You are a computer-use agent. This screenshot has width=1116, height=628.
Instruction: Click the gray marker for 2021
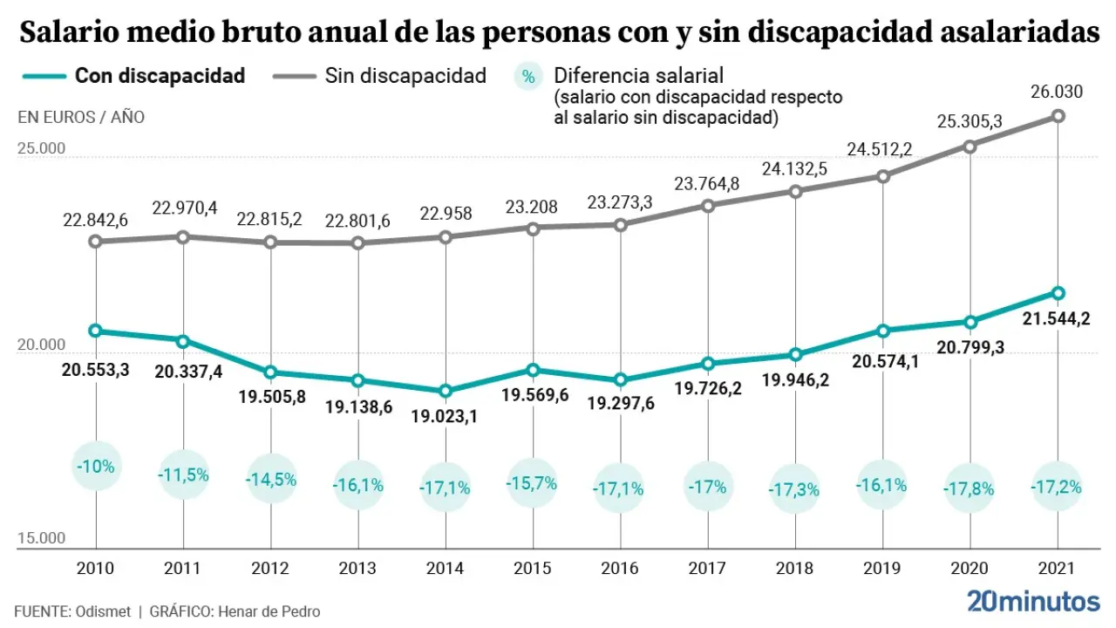point(1058,116)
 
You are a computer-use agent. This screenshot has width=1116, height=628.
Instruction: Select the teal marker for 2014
point(446,391)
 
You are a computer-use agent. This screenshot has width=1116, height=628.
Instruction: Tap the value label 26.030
point(1057,91)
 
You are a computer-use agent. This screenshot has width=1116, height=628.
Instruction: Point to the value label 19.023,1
point(446,417)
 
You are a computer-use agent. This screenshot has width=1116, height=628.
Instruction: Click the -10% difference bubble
point(95,466)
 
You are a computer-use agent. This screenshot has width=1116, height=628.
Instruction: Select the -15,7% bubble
point(532,482)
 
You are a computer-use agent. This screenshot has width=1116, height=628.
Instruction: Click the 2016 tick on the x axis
point(620,568)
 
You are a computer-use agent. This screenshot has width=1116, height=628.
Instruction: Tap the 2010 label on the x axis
point(95,568)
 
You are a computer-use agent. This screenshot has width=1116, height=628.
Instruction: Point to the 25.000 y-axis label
point(41,148)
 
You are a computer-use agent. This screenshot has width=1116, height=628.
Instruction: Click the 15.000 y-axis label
point(41,538)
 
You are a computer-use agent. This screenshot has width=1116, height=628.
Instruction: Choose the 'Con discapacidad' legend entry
point(160,76)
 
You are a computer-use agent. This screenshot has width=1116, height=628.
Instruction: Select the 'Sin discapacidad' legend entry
point(405,76)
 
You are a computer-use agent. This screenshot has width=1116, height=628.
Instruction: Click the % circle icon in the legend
point(527,77)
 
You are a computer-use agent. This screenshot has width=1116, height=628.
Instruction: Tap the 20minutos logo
point(1033,601)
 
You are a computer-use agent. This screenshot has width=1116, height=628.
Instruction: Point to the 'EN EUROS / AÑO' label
point(81,117)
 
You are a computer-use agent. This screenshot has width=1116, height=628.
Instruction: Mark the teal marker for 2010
point(95,331)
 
